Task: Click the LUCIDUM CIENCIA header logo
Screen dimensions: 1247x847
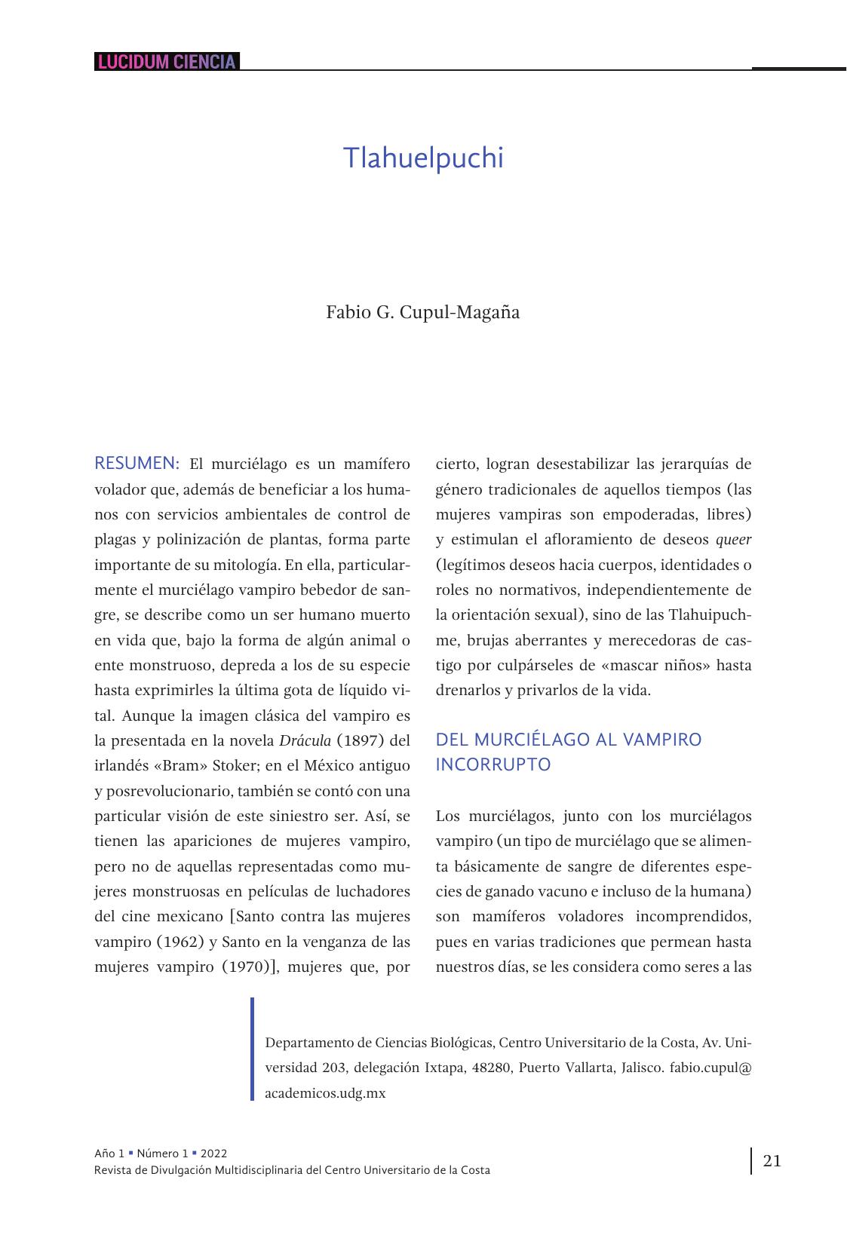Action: pyautogui.click(x=166, y=62)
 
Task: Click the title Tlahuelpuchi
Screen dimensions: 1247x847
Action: pyautogui.click(x=422, y=158)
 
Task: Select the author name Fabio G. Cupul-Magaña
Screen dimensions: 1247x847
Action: pyautogui.click(x=422, y=312)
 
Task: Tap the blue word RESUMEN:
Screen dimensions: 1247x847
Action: pyautogui.click(x=137, y=463)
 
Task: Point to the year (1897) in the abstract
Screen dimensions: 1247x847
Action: pyautogui.click(x=364, y=740)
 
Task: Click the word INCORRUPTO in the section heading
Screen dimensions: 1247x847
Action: pyautogui.click(x=493, y=764)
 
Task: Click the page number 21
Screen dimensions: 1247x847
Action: pyautogui.click(x=772, y=1160)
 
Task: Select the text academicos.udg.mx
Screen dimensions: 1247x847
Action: pyautogui.click(x=325, y=1092)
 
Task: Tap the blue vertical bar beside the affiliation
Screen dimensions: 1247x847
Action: pyautogui.click(x=253, y=1049)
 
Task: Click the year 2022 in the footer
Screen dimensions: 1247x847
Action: pyautogui.click(x=214, y=1154)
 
